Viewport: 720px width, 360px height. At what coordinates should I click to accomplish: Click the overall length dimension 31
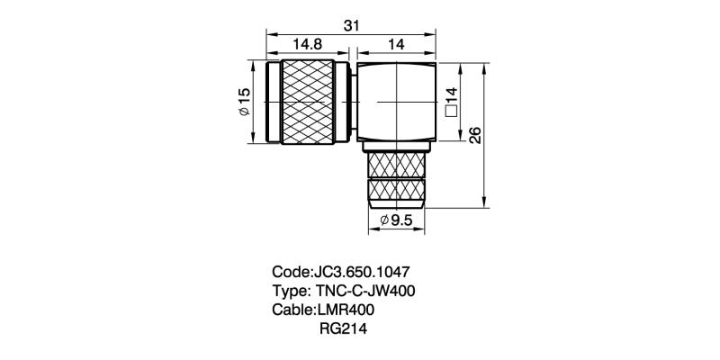pyautogui.click(x=352, y=26)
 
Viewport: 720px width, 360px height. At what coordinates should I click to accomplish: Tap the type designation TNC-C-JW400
pyautogui.click(x=364, y=291)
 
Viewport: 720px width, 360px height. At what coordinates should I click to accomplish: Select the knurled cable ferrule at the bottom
pyautogui.click(x=396, y=177)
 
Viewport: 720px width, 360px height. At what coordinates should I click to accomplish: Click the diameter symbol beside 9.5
pyautogui.click(x=383, y=220)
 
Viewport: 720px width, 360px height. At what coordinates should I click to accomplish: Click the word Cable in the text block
pyautogui.click(x=292, y=310)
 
